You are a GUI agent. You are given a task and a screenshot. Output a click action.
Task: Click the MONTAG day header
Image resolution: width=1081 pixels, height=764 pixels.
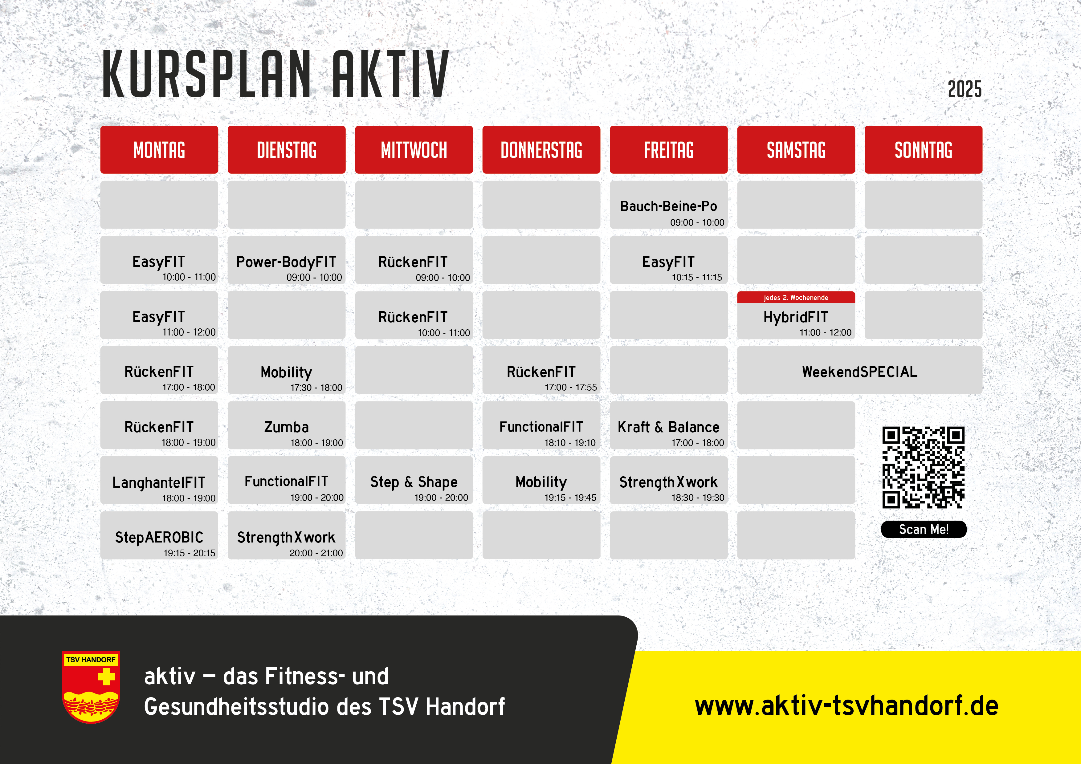[159, 150]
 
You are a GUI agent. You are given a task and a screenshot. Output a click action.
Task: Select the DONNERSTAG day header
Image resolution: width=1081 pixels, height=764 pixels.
[541, 150]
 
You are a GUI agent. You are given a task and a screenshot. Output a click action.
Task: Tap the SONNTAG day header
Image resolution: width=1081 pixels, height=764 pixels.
[923, 150]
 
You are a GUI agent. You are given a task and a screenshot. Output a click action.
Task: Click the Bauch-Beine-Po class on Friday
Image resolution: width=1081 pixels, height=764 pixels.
[669, 205]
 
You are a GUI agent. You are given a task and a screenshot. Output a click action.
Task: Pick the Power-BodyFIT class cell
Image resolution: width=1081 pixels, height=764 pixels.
[286, 260]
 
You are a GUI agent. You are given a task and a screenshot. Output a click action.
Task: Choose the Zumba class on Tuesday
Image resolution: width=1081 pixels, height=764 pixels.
[286, 425]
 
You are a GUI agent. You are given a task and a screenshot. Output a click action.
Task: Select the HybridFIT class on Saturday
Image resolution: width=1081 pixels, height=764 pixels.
[796, 315]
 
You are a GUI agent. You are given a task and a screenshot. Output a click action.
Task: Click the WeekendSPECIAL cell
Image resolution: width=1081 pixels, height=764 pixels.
[860, 370]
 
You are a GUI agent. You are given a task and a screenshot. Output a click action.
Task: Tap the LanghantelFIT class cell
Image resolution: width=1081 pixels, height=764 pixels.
[159, 480]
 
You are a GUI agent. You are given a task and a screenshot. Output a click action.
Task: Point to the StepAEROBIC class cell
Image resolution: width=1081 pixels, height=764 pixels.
[159, 535]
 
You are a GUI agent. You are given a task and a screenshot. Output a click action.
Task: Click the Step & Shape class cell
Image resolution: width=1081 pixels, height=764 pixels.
[414, 480]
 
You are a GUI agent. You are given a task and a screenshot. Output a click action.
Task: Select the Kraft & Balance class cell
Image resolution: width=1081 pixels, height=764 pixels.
[669, 425]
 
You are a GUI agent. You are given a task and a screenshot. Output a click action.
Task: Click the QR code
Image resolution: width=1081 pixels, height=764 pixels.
[923, 467]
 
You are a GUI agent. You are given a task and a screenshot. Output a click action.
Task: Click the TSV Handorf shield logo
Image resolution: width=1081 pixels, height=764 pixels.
[91, 687]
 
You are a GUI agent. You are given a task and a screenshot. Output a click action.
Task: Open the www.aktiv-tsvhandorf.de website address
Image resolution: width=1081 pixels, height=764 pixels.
[846, 706]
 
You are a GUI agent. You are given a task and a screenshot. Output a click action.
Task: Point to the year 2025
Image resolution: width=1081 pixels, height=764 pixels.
[965, 89]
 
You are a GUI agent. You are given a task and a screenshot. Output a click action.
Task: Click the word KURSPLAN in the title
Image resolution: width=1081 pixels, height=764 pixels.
[206, 74]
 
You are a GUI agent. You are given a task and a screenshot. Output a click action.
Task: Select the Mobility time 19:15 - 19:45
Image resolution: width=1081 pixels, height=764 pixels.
[570, 498]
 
